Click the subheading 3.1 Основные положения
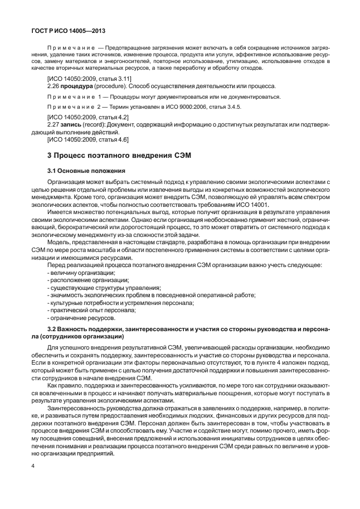tap(86, 170)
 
